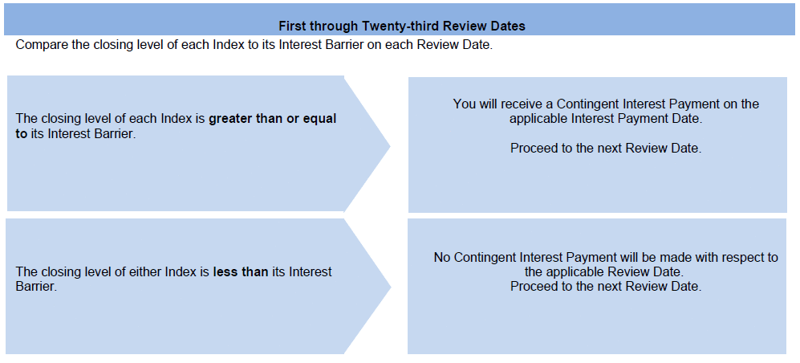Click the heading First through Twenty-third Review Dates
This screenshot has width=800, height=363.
[402, 26]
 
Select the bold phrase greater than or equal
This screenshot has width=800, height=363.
[273, 119]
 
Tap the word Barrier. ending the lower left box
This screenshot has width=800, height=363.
[36, 287]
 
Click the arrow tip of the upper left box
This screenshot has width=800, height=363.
[390, 146]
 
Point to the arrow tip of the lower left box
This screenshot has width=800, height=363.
[391, 287]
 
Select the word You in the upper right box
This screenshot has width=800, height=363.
[465, 104]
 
